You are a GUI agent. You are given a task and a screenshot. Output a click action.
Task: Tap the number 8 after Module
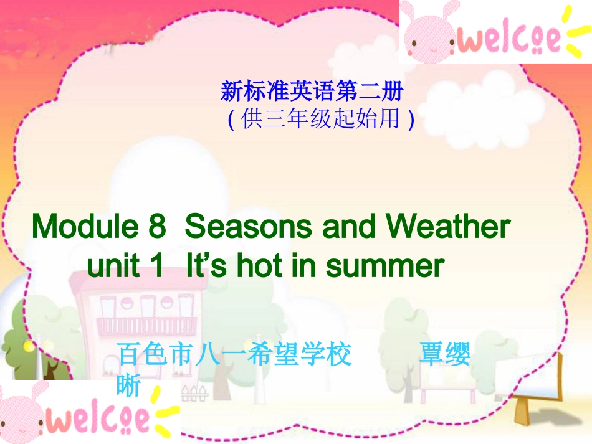click(156, 227)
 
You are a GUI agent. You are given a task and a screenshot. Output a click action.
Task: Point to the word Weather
click(448, 227)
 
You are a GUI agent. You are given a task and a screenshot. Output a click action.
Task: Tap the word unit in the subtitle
click(112, 266)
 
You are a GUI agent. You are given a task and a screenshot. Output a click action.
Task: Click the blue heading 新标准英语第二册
click(312, 93)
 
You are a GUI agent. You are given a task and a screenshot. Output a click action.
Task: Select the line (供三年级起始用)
click(320, 118)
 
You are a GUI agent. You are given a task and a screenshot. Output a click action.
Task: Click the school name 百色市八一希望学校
click(234, 356)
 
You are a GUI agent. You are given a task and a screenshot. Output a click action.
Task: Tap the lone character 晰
click(128, 386)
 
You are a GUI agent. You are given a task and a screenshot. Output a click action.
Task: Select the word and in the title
click(351, 227)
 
